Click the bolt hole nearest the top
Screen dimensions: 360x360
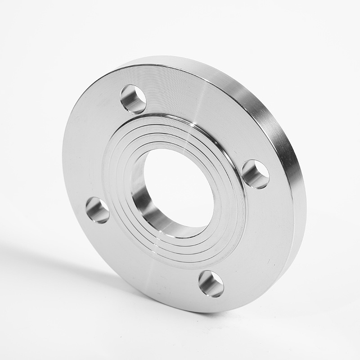[x=133, y=99]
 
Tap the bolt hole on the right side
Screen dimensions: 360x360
[x=256, y=174]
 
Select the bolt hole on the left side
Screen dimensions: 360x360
[x=98, y=210]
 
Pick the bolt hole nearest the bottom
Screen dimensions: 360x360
[x=211, y=283]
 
